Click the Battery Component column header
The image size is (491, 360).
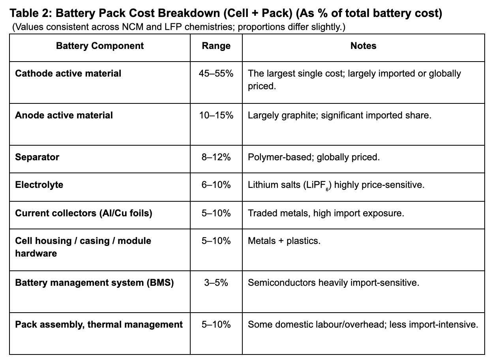coord(100,46)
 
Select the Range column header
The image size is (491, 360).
coord(216,46)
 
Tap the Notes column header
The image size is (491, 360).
coord(363,46)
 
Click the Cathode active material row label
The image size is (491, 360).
coord(68,73)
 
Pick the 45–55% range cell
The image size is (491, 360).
coord(216,73)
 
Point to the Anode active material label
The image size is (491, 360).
coord(64,115)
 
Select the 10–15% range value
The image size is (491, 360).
coord(216,115)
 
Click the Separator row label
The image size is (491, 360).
coord(37,157)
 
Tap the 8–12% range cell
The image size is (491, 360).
coord(216,157)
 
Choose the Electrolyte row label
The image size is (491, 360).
coord(39,185)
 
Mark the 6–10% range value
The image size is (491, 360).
coord(216,185)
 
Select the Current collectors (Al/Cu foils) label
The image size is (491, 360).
coord(84,213)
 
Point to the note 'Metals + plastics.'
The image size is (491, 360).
coord(284,241)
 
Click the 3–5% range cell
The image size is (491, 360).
coord(216,283)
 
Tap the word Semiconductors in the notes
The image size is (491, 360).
coord(282,283)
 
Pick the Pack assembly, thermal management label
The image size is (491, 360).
coord(99,325)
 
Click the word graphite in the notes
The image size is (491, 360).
coord(300,116)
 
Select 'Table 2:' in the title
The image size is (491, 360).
coord(31,13)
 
